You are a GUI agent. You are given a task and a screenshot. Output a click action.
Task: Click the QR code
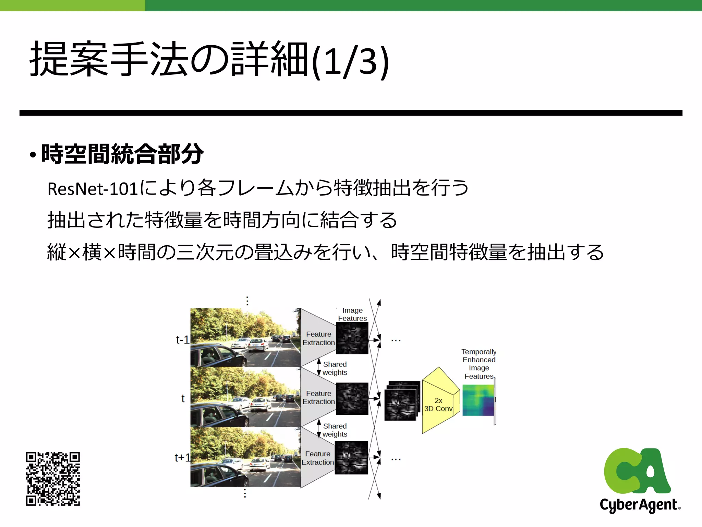[x=53, y=479]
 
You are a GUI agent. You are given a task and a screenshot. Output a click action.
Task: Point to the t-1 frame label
[x=182, y=340]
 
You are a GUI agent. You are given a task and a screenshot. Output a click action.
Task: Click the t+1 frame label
[x=182, y=457]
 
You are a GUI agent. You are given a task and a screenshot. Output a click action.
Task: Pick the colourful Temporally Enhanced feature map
[x=478, y=400]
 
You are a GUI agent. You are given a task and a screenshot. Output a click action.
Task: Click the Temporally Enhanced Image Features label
[x=479, y=364]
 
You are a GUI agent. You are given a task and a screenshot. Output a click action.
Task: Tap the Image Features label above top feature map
[x=352, y=314]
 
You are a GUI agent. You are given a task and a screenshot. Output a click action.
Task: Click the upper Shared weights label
[x=335, y=368]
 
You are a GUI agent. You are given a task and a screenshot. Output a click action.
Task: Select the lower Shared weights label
[x=335, y=430]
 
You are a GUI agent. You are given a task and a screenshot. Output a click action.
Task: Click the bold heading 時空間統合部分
[x=122, y=154]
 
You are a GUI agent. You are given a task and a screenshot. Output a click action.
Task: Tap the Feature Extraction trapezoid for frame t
[x=318, y=397]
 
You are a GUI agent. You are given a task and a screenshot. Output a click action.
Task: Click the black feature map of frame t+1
[x=351, y=458]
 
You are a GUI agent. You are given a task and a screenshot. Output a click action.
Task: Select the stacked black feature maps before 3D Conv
[x=401, y=401]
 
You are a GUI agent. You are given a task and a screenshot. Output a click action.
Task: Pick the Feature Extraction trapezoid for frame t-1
[x=318, y=338]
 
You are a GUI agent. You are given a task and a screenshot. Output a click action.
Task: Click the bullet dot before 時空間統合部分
[x=33, y=155]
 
